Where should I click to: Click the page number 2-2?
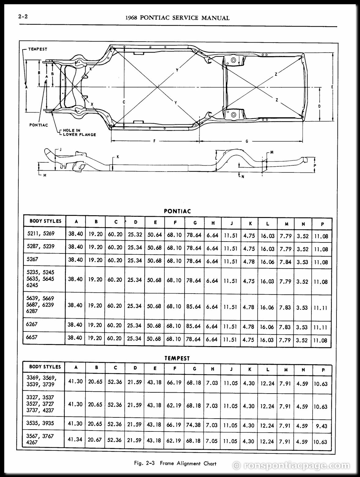pos(23,17)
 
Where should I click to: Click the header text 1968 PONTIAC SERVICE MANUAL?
pos(177,18)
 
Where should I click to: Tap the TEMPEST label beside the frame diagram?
pos(38,49)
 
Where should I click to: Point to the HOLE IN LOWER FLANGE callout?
pos(79,132)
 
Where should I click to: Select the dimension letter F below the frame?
pos(154,141)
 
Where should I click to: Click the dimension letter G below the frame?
pos(247,141)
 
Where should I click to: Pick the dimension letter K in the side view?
pos(118,157)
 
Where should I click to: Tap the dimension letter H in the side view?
pos(45,175)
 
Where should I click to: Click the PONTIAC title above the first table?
pos(177,211)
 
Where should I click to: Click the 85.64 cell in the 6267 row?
pos(193,326)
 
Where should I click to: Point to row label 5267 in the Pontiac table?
pos(32,259)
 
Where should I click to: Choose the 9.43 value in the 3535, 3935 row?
pos(321,426)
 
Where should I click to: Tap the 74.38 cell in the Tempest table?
pos(193,424)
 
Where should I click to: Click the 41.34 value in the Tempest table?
pos(75,439)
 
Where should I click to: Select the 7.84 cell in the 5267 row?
pos(285,262)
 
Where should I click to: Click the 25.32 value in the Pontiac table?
pos(135,235)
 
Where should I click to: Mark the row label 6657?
pos(32,337)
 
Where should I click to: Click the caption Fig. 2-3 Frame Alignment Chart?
pos(175,464)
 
